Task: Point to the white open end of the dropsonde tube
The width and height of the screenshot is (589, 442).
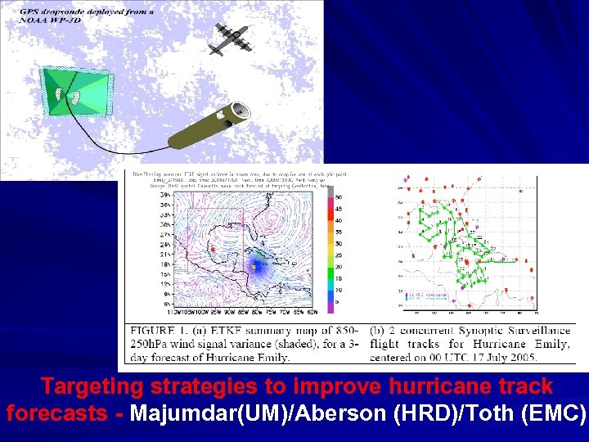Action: (x=240, y=110)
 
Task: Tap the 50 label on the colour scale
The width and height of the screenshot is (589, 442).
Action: (x=338, y=197)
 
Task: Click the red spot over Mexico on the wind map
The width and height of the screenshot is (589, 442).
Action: (x=213, y=248)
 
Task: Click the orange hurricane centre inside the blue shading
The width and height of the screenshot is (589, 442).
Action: (x=254, y=266)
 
